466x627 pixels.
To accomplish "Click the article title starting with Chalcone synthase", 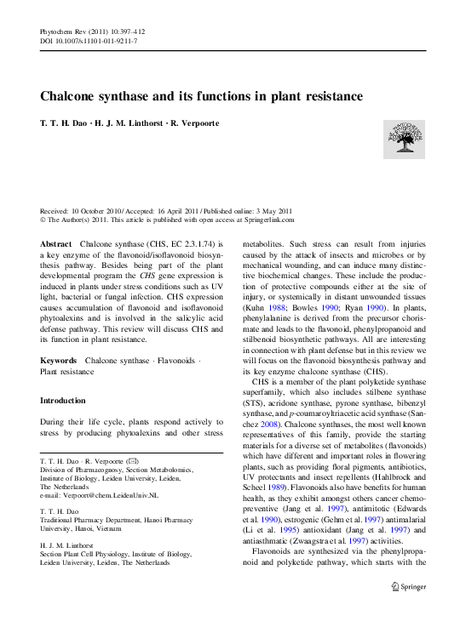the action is [202, 97].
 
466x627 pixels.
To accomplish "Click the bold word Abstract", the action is [56, 244].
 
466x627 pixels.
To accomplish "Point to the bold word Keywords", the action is [60, 362].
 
